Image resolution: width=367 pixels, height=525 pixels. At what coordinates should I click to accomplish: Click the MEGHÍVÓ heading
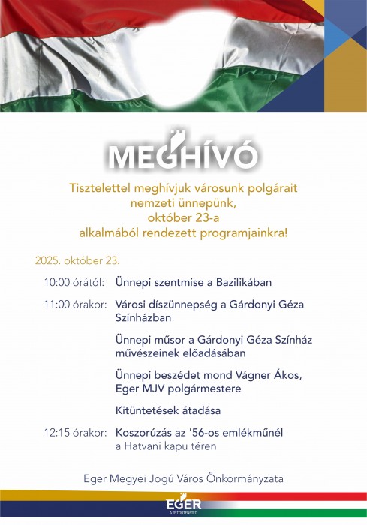click(184, 155)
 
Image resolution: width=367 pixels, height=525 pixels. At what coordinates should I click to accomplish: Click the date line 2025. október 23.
click(77, 261)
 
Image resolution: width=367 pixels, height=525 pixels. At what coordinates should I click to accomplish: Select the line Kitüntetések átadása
click(168, 411)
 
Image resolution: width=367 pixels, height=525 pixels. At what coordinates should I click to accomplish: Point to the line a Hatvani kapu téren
click(166, 446)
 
